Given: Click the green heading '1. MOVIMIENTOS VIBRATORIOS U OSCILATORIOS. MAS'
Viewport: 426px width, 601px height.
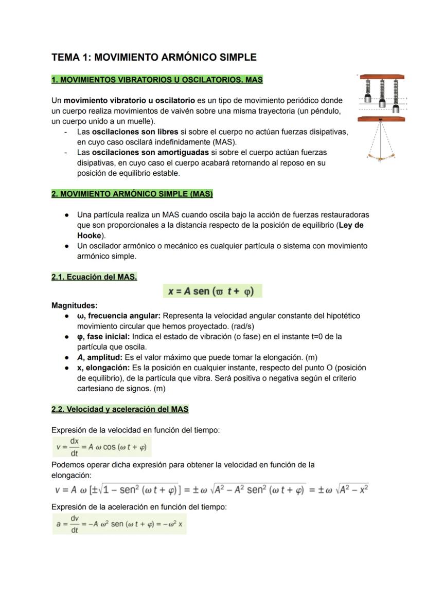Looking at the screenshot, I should (157, 80).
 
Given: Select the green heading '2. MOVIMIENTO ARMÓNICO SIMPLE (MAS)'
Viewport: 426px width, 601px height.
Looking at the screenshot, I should (132, 194).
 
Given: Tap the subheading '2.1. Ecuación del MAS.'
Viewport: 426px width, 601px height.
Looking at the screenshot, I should (94, 277).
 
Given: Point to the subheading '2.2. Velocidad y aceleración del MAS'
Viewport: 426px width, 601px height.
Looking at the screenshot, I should (120, 409).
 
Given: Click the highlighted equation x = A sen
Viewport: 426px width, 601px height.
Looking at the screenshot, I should (212, 291).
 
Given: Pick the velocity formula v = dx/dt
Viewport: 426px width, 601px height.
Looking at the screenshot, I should (102, 447).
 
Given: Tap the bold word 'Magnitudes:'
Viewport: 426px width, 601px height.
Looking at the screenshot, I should (75, 305).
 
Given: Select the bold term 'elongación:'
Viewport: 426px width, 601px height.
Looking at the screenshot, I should (108, 368).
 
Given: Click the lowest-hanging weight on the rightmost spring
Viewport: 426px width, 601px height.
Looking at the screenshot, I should (395, 108).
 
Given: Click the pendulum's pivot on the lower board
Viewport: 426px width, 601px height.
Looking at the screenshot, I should (380, 120).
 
